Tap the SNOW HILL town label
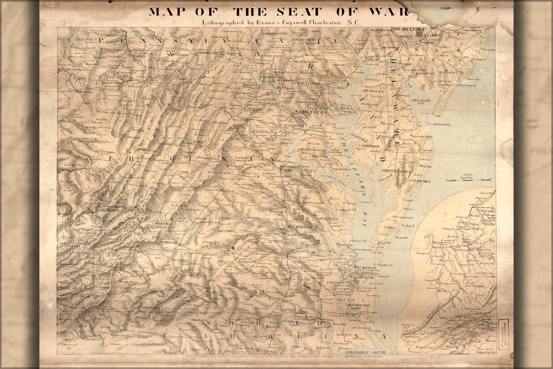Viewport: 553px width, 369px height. tap(421, 181)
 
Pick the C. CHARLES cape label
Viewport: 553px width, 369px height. tap(383, 265)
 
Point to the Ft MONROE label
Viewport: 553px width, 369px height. tap(369, 268)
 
